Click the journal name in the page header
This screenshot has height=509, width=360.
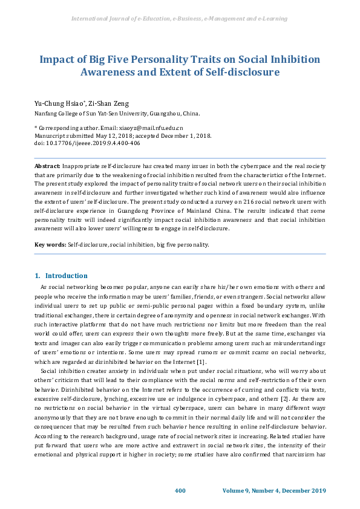coord(179,19)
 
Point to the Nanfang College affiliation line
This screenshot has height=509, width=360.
coord(116,113)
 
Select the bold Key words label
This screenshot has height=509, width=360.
coord(50,244)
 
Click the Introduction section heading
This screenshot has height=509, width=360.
coord(66,276)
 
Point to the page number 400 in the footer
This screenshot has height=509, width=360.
coord(180,490)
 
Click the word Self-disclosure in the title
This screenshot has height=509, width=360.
coord(240,72)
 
